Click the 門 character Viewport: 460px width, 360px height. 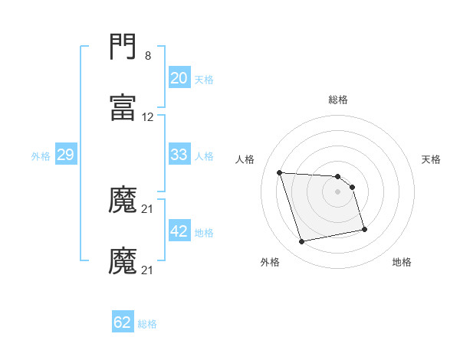tap(123, 48)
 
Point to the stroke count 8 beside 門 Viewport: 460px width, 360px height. tap(148, 56)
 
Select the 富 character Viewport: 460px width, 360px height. tap(123, 108)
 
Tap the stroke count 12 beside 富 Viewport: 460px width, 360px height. tap(148, 117)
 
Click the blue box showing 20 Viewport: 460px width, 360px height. tap(179, 78)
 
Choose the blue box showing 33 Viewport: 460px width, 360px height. tap(179, 155)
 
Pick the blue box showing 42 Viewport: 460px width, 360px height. tap(179, 231)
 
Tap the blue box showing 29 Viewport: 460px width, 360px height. tap(65, 155)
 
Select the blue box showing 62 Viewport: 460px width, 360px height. tap(123, 322)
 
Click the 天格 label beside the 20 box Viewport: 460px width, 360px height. tap(204, 79)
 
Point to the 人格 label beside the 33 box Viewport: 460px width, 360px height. tap(204, 155)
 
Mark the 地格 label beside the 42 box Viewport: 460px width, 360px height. tap(204, 232)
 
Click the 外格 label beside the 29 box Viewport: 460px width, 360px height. tap(41, 155)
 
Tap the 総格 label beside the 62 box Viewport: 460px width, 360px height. tap(147, 323)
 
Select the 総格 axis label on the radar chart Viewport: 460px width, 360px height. tap(338, 100)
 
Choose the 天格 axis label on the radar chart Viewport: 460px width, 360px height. tap(432, 159)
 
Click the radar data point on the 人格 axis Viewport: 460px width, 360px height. tap(280, 172)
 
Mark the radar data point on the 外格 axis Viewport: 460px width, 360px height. tap(302, 242)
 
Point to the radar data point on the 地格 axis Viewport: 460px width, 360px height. tap(364, 229)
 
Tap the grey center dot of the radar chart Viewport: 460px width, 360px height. tap(338, 191)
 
